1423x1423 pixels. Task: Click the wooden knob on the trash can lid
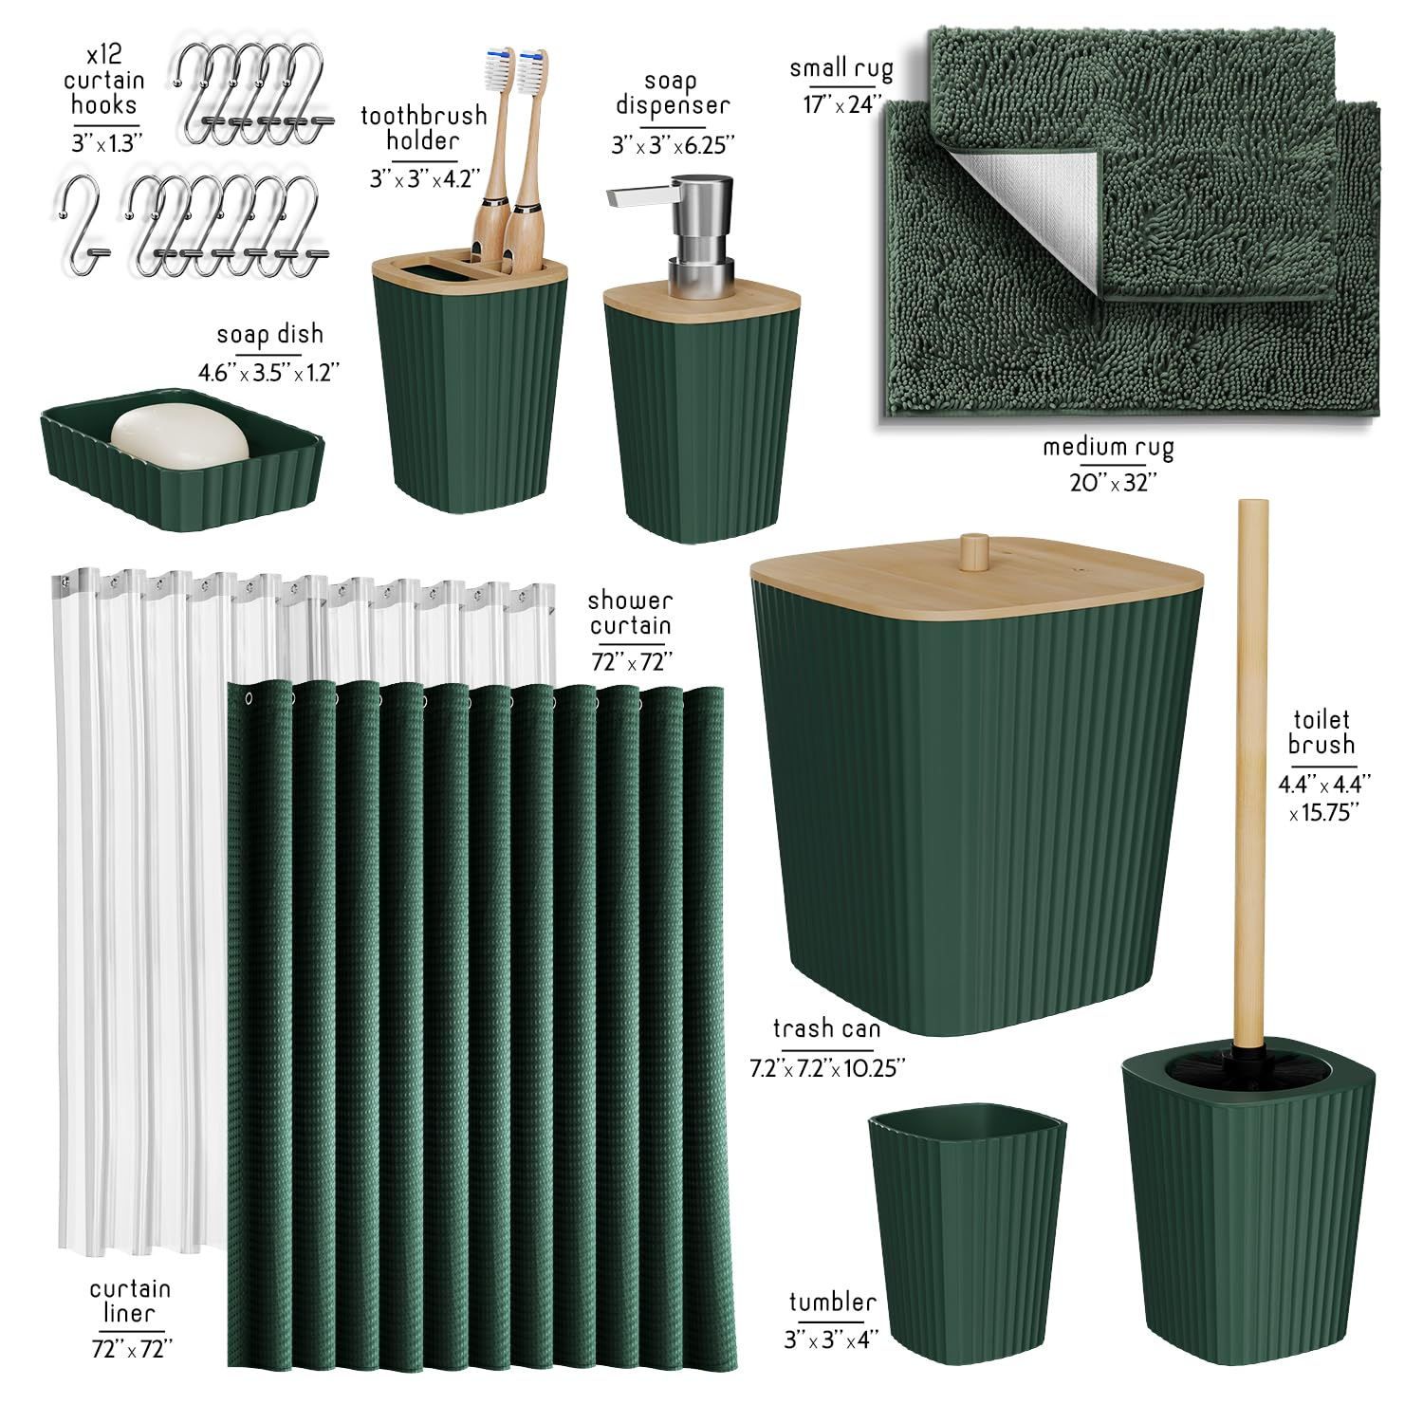pos(973,553)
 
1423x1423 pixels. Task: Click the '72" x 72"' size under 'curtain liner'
pos(132,1347)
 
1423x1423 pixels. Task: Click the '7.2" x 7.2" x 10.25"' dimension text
pos(827,1068)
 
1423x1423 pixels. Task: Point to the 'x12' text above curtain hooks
pos(104,55)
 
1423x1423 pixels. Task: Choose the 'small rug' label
pos(841,68)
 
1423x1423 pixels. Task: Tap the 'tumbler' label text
pos(832,1303)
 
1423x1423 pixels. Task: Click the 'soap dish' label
pos(269,334)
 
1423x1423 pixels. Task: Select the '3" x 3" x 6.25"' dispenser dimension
pos(673,145)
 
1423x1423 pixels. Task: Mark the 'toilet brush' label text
pos(1321,732)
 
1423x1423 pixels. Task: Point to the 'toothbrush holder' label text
pos(423,128)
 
